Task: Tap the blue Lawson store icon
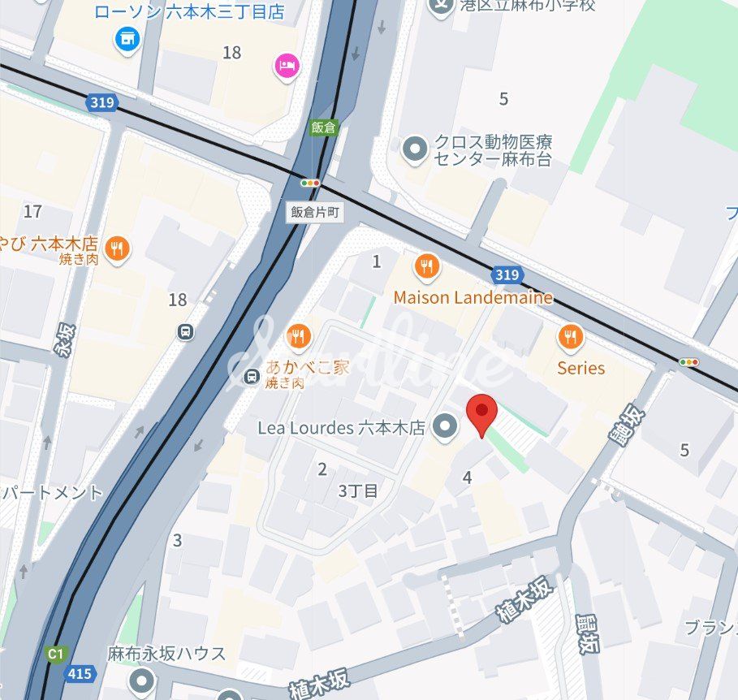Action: point(127,37)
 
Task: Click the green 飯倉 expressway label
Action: point(323,127)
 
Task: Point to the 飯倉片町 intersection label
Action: point(315,212)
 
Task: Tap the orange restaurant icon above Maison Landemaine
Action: point(426,265)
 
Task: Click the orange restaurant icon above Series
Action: point(572,335)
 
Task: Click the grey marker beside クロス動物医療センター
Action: point(416,149)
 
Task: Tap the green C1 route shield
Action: point(55,653)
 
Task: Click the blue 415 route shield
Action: point(79,672)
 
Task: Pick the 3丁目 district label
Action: point(358,490)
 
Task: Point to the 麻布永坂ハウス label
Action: point(166,653)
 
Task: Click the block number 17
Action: point(32,212)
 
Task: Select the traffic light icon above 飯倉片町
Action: point(310,184)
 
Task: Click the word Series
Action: point(580,368)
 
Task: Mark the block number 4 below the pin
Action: point(467,477)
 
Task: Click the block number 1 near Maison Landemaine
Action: point(376,261)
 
